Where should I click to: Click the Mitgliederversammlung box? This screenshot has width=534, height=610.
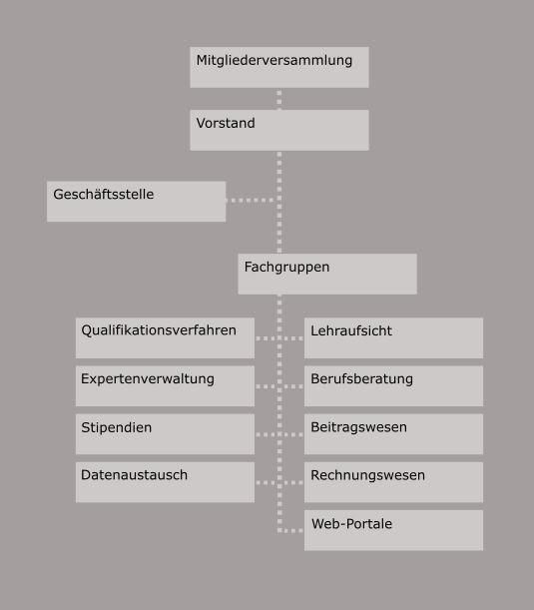[279, 67]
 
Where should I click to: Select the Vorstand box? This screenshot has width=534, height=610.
[279, 130]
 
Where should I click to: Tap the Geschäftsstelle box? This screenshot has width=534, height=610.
[136, 201]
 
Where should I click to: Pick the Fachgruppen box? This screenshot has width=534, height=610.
[327, 274]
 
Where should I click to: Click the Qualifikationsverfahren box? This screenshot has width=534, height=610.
[165, 337]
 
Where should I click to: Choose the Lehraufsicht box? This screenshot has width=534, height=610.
[393, 337]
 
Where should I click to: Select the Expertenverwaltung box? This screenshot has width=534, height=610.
[165, 386]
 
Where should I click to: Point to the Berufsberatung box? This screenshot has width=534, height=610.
[393, 386]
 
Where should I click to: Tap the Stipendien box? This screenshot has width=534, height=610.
[165, 433]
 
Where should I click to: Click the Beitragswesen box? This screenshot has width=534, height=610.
[393, 433]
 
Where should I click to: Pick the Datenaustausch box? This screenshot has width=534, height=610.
[165, 482]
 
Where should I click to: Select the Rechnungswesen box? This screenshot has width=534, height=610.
[393, 482]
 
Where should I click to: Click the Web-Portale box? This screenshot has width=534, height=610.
[393, 530]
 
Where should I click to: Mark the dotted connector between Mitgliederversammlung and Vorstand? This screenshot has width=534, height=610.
[279, 99]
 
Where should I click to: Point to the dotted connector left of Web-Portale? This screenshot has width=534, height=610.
[289, 531]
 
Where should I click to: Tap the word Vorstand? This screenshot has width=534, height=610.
[226, 123]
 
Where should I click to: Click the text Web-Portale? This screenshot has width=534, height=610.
[351, 523]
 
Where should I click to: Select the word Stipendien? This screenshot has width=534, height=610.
[117, 427]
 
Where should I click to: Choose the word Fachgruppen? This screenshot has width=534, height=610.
[286, 268]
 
